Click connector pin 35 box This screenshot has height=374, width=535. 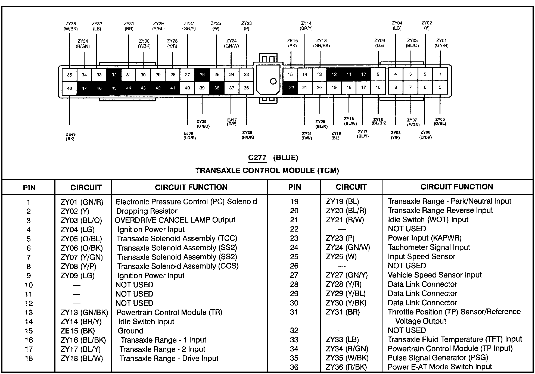pos(70,75)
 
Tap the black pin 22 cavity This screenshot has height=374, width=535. pos(291,88)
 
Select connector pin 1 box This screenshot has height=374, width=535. pos(440,74)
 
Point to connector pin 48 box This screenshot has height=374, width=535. pos(70,88)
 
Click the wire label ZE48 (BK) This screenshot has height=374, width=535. pos(70,136)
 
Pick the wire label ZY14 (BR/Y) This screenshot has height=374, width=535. pos(306,26)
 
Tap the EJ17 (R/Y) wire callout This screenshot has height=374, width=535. pos(232,122)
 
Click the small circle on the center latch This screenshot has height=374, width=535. pos(273,81)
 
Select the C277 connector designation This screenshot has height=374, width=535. pos(257,158)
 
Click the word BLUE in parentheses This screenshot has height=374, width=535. pos(285,158)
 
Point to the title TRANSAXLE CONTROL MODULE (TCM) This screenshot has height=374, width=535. pos(267,171)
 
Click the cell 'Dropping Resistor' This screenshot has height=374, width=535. pos(147,211)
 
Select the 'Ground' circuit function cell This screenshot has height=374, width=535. pos(130,331)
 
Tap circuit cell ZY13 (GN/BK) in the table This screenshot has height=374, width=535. pos(84,313)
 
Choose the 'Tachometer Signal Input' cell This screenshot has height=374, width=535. pos(429,247)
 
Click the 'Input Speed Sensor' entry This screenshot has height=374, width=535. pos(421,257)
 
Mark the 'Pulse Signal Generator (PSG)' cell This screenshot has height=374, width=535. pos(438,358)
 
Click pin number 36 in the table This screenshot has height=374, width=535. pos(294,367)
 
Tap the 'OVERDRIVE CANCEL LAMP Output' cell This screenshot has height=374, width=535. pos(175,220)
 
